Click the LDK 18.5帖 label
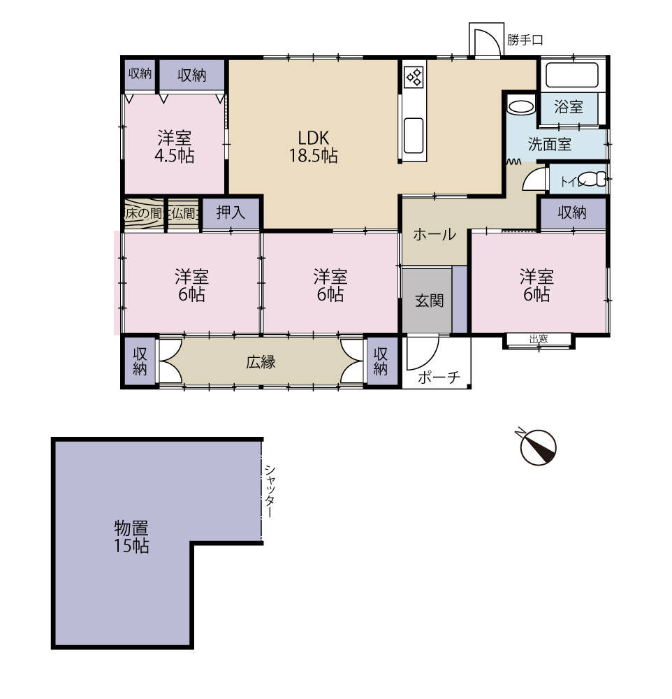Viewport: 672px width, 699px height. click(x=313, y=147)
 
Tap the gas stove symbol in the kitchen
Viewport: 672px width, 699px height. click(x=414, y=77)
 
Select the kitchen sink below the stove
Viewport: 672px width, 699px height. click(x=414, y=135)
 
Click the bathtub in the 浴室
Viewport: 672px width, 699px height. click(x=571, y=75)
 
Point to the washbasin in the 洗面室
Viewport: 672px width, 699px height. click(x=520, y=108)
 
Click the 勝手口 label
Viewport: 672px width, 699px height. click(x=525, y=40)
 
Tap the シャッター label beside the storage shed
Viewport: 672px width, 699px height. click(x=270, y=491)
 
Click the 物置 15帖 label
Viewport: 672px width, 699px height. click(x=131, y=537)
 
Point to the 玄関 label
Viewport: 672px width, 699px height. click(x=429, y=301)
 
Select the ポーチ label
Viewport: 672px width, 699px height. click(x=439, y=377)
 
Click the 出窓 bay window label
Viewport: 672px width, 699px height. click(x=539, y=339)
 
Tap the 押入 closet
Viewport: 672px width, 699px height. click(x=231, y=213)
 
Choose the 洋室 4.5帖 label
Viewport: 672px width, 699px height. click(x=174, y=147)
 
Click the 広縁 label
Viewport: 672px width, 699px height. click(x=261, y=362)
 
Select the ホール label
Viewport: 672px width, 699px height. click(x=434, y=234)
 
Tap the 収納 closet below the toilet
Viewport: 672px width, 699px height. click(x=573, y=213)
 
